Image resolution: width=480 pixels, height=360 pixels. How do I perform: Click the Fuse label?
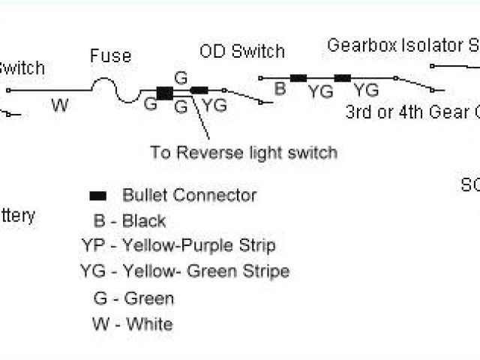coord(110,56)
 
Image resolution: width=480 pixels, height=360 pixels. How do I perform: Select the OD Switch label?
coord(242,52)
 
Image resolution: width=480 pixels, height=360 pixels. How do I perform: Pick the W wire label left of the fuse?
coord(60,104)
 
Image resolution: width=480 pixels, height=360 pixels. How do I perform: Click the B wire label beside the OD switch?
coord(280,88)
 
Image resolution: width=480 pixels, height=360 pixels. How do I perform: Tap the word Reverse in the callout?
coord(216,153)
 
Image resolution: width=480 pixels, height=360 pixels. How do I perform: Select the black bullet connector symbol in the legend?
coord(97,196)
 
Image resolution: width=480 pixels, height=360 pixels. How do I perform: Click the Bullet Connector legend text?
coord(189,196)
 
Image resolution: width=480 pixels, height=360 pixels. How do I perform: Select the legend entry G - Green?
coord(133,298)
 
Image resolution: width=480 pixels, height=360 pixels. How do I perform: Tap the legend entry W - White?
coord(132,324)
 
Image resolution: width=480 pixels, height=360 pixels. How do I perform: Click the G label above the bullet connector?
coord(180,77)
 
